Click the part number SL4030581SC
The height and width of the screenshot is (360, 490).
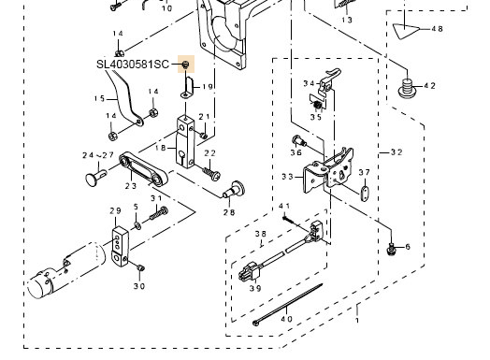click(133, 65)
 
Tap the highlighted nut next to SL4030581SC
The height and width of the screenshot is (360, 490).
click(186, 64)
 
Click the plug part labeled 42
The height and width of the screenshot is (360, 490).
click(408, 90)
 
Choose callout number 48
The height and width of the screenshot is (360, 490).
click(437, 29)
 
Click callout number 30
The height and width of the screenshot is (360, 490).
click(138, 286)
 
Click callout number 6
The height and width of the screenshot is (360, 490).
click(407, 247)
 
